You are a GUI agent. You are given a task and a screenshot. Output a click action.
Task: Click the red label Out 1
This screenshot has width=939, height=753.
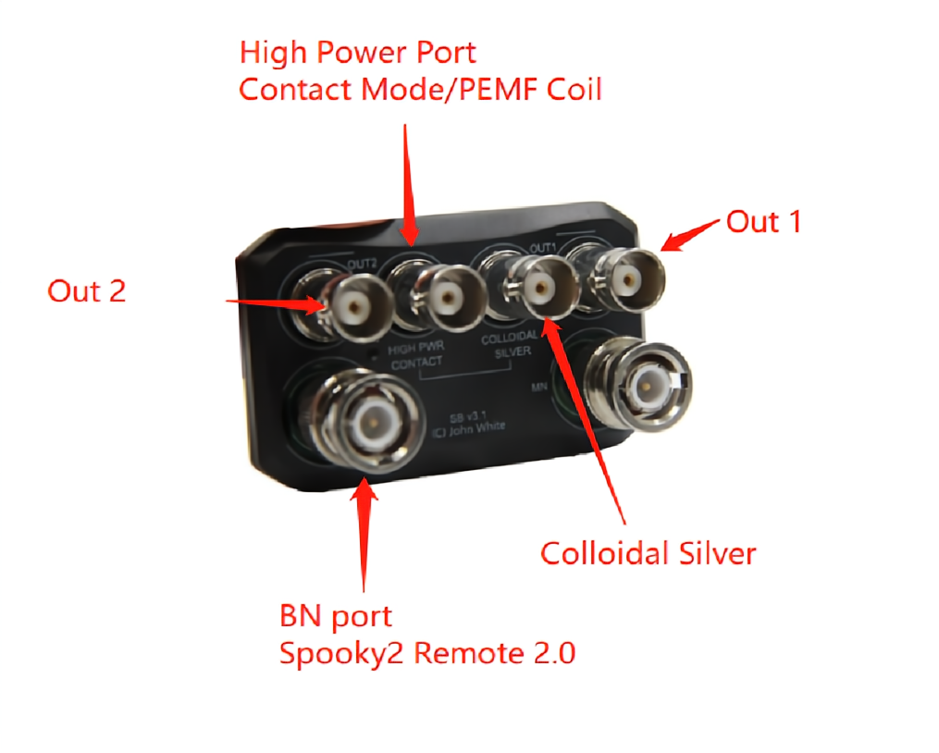coord(763,222)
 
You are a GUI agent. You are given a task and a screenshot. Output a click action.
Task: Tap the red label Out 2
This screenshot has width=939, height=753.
coord(86,291)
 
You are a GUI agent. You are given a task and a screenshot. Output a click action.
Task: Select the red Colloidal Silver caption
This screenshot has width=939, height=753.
coord(649,553)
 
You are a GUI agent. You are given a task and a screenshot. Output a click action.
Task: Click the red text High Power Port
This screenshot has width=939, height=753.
coord(358,53)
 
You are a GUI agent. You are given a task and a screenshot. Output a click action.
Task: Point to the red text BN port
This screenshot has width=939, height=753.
coord(336,615)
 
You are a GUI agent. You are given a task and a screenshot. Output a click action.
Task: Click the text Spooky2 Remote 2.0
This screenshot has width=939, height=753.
coord(427,653)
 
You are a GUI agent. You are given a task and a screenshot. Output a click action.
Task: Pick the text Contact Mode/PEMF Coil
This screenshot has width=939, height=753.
coord(420,90)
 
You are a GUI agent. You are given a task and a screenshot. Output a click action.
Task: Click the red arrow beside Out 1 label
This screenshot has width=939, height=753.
coord(692,234)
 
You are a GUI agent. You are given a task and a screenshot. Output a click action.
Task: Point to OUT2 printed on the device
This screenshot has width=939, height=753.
coord(361,265)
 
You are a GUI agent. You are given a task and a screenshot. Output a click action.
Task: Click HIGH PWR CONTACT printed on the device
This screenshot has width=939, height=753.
coord(416,356)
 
